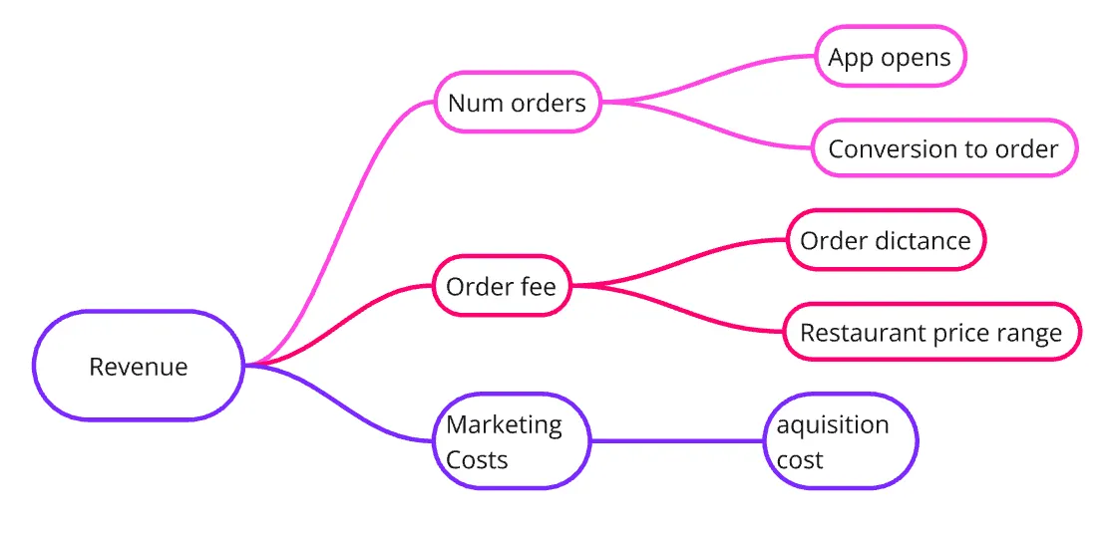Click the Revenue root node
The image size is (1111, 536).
(x=139, y=366)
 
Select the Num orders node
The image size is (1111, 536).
(x=518, y=102)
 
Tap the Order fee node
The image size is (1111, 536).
(x=502, y=287)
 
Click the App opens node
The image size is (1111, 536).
(x=890, y=57)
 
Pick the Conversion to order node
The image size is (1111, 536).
(x=943, y=148)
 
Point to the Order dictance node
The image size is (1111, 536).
(x=886, y=240)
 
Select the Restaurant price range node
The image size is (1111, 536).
(x=931, y=332)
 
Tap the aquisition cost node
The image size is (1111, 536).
(x=841, y=441)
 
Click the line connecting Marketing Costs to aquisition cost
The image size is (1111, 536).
(x=678, y=441)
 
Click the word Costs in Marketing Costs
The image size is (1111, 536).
(x=477, y=460)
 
